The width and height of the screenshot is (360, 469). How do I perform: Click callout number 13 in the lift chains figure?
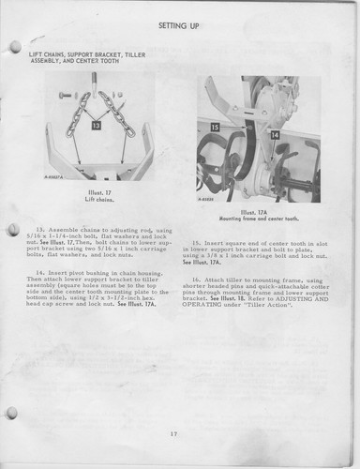point(97,123)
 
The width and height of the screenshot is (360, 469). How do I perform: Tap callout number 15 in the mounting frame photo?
point(215,126)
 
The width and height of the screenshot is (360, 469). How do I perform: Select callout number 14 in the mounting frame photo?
point(276,135)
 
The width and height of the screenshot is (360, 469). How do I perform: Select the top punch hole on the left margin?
point(13,47)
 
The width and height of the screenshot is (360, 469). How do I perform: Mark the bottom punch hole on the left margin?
point(11,412)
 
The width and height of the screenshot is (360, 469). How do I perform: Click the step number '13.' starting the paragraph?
point(41,228)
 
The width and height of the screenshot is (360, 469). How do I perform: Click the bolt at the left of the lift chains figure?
point(65,95)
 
